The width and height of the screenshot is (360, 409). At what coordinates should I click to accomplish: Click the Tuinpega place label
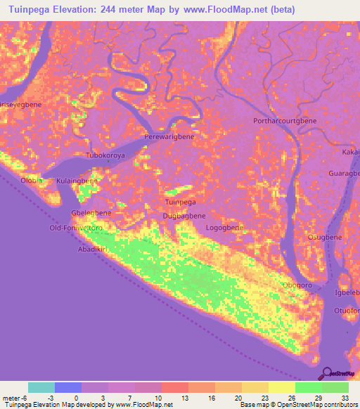tap(180, 202)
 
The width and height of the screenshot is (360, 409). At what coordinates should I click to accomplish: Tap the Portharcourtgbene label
tap(285, 121)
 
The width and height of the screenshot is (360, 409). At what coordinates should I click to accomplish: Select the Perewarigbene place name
tap(169, 137)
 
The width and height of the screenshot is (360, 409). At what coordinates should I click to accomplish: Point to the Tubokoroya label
tap(105, 155)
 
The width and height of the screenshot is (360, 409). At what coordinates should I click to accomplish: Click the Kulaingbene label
tap(77, 181)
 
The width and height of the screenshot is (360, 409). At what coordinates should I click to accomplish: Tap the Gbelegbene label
tap(91, 212)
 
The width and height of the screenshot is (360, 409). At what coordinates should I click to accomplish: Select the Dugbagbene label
tap(184, 216)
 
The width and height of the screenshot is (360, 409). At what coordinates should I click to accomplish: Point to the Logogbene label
tap(224, 228)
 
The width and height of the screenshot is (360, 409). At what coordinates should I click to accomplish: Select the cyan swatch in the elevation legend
tap(41, 387)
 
